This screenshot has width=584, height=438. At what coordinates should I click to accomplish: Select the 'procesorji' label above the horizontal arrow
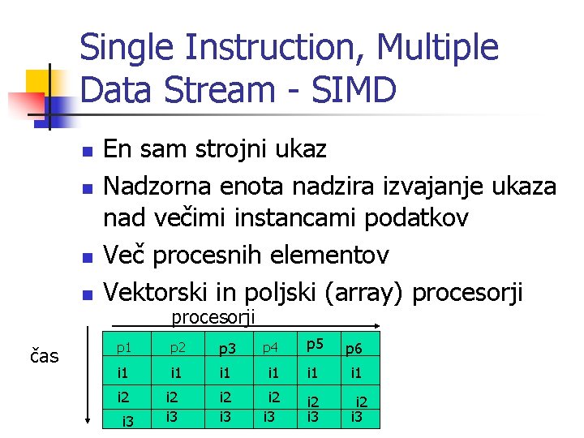pos(213,317)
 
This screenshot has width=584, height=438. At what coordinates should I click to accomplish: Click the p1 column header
pos(123,348)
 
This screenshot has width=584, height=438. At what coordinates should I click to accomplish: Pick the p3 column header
pos(228,349)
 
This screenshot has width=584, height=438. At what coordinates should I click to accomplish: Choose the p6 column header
pos(354,349)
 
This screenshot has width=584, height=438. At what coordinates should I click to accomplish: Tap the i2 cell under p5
pos(311,401)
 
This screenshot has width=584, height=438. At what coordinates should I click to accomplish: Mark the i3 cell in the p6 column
pos(355,418)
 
